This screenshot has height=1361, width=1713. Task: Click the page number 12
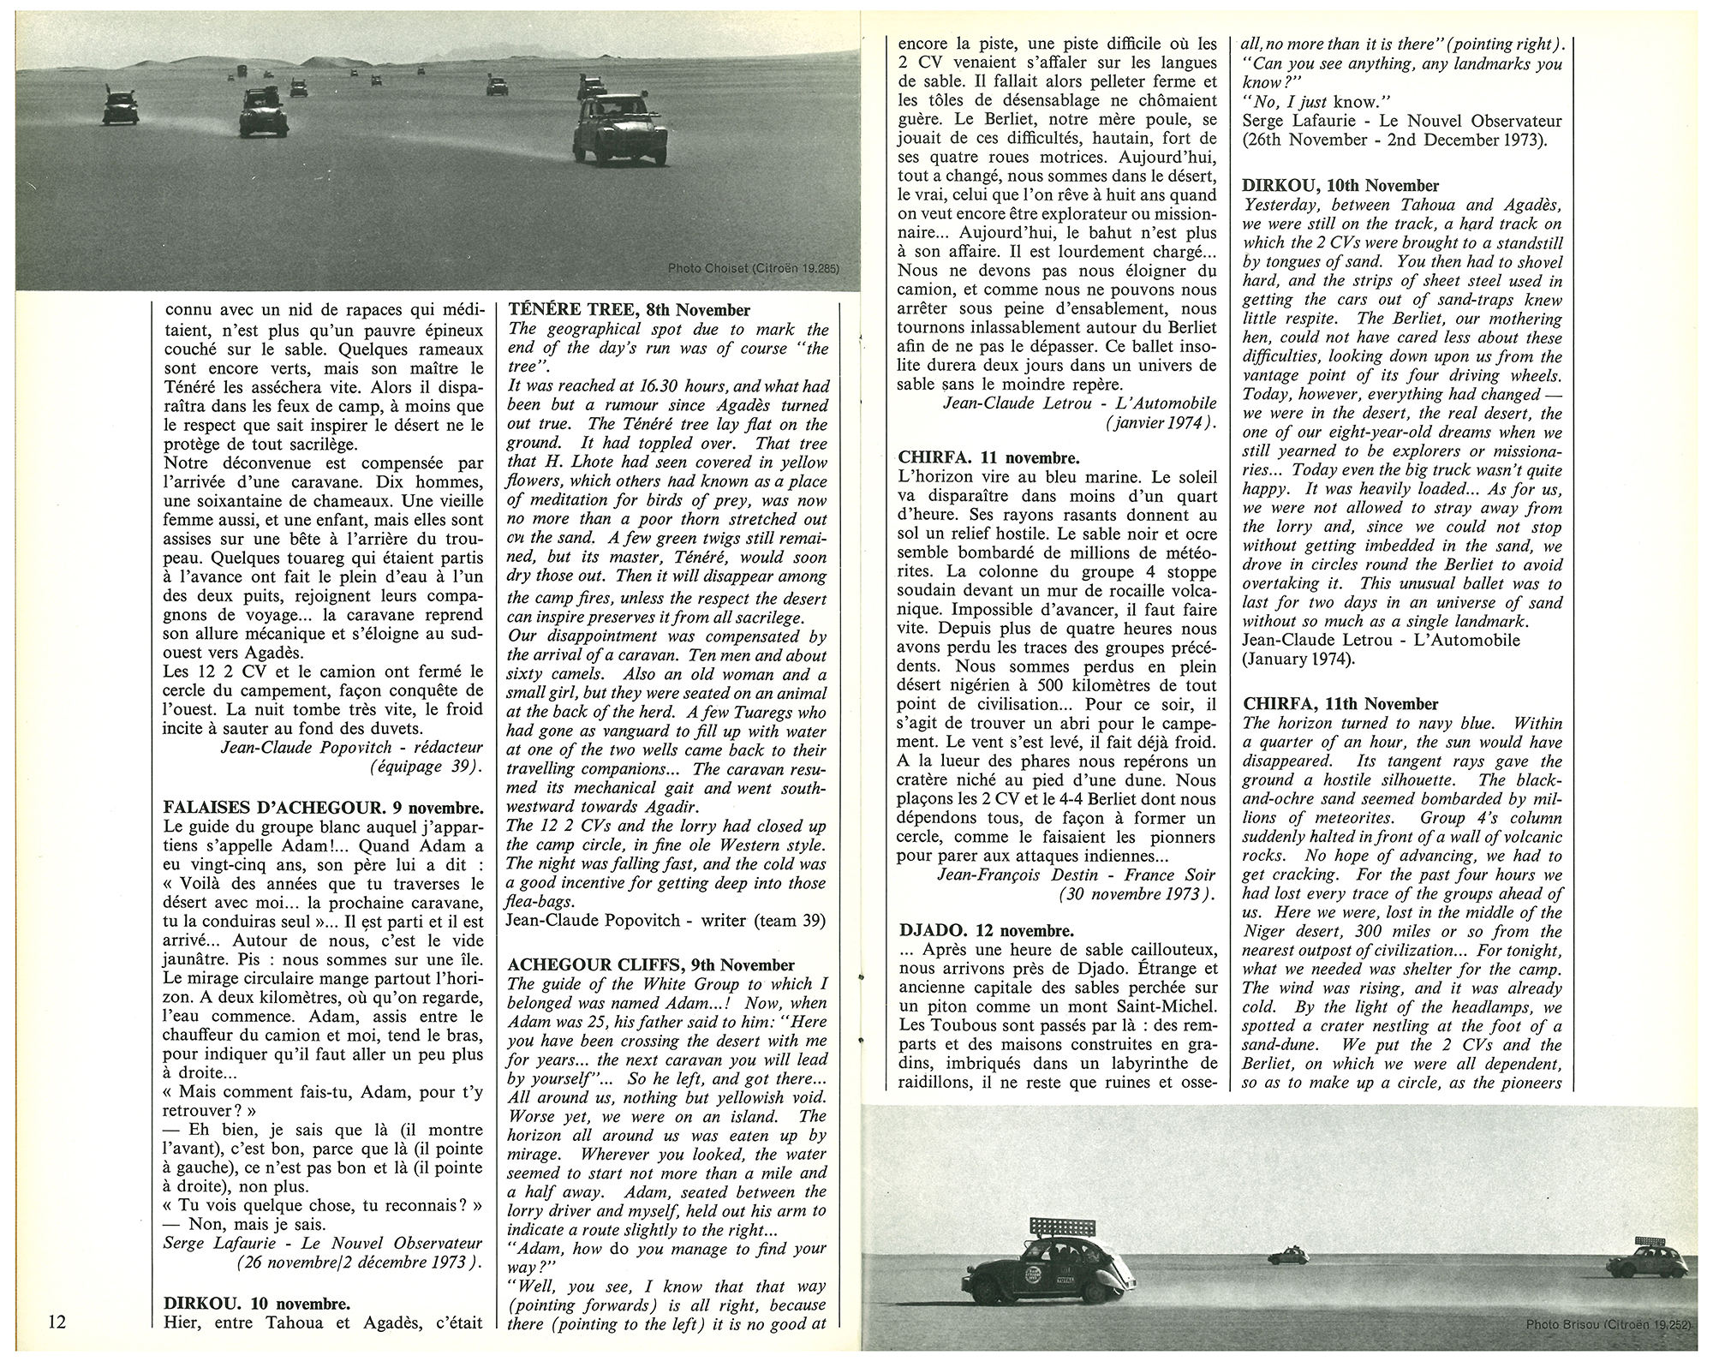[57, 1322]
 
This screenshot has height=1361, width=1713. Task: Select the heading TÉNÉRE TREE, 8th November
[629, 310]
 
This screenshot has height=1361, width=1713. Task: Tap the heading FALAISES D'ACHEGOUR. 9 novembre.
[323, 807]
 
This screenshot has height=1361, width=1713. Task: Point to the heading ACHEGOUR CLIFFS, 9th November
[651, 964]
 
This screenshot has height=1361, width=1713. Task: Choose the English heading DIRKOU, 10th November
[1340, 185]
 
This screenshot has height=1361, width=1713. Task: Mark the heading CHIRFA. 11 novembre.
[989, 457]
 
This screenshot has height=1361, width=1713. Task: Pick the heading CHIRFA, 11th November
[1340, 703]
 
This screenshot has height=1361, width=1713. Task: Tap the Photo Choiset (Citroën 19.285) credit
[753, 268]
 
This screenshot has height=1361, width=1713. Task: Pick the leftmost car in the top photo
[121, 108]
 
